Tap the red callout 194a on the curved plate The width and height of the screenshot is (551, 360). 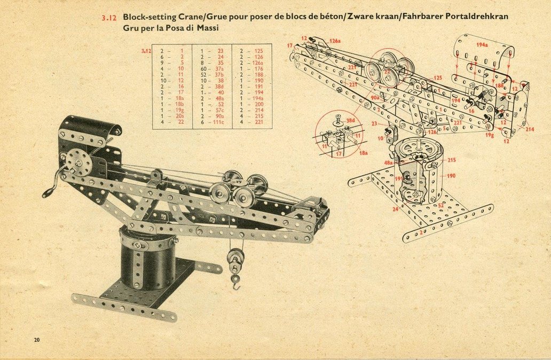click(x=482, y=45)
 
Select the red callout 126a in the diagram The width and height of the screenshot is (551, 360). click(x=335, y=41)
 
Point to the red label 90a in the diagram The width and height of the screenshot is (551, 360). click(x=374, y=97)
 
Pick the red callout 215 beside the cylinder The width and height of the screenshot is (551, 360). click(x=452, y=160)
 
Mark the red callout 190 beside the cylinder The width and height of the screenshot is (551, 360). click(x=451, y=176)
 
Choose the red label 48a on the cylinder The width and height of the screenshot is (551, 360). click(x=389, y=162)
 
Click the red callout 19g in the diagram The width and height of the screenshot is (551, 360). click(x=489, y=136)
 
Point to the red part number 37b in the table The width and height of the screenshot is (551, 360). click(x=219, y=74)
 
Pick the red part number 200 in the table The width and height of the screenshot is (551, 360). click(x=258, y=104)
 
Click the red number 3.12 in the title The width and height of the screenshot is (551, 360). click(x=108, y=18)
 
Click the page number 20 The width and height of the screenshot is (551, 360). click(x=36, y=340)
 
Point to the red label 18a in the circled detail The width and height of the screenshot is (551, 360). click(x=363, y=153)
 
